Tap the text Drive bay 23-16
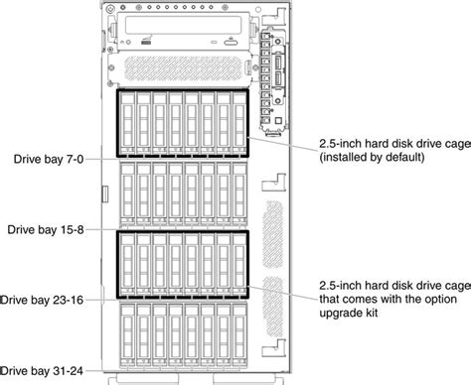[46, 298]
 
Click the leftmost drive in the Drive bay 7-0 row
[126, 125]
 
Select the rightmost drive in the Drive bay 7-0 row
[238, 125]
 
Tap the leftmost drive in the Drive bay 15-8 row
[126, 194]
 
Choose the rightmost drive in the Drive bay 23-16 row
[238, 264]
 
